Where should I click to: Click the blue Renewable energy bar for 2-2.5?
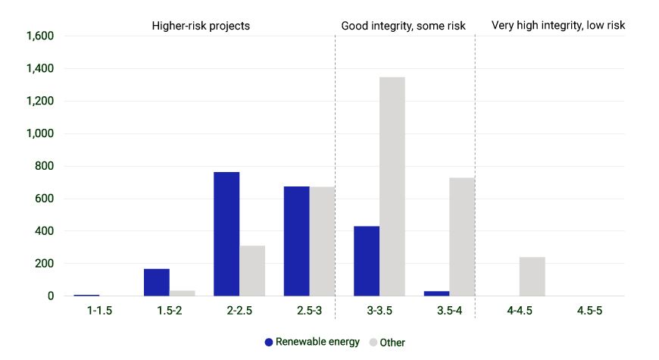(x=226, y=234)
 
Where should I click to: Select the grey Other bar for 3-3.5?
(x=392, y=186)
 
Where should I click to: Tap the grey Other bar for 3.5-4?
(x=462, y=236)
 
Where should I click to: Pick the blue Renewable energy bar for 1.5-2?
(x=156, y=282)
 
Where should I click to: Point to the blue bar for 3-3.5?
(x=367, y=261)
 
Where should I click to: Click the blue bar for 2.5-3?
(x=296, y=241)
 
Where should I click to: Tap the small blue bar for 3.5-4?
(x=436, y=293)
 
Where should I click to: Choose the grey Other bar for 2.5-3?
(x=322, y=241)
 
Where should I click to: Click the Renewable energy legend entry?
(x=312, y=342)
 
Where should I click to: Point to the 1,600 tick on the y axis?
(x=40, y=36)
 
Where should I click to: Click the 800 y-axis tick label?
(x=45, y=166)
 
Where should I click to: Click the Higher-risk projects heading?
(x=201, y=25)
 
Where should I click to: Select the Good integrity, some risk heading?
(x=404, y=25)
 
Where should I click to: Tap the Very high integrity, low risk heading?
(x=558, y=25)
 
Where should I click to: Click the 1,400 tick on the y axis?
(x=40, y=69)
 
